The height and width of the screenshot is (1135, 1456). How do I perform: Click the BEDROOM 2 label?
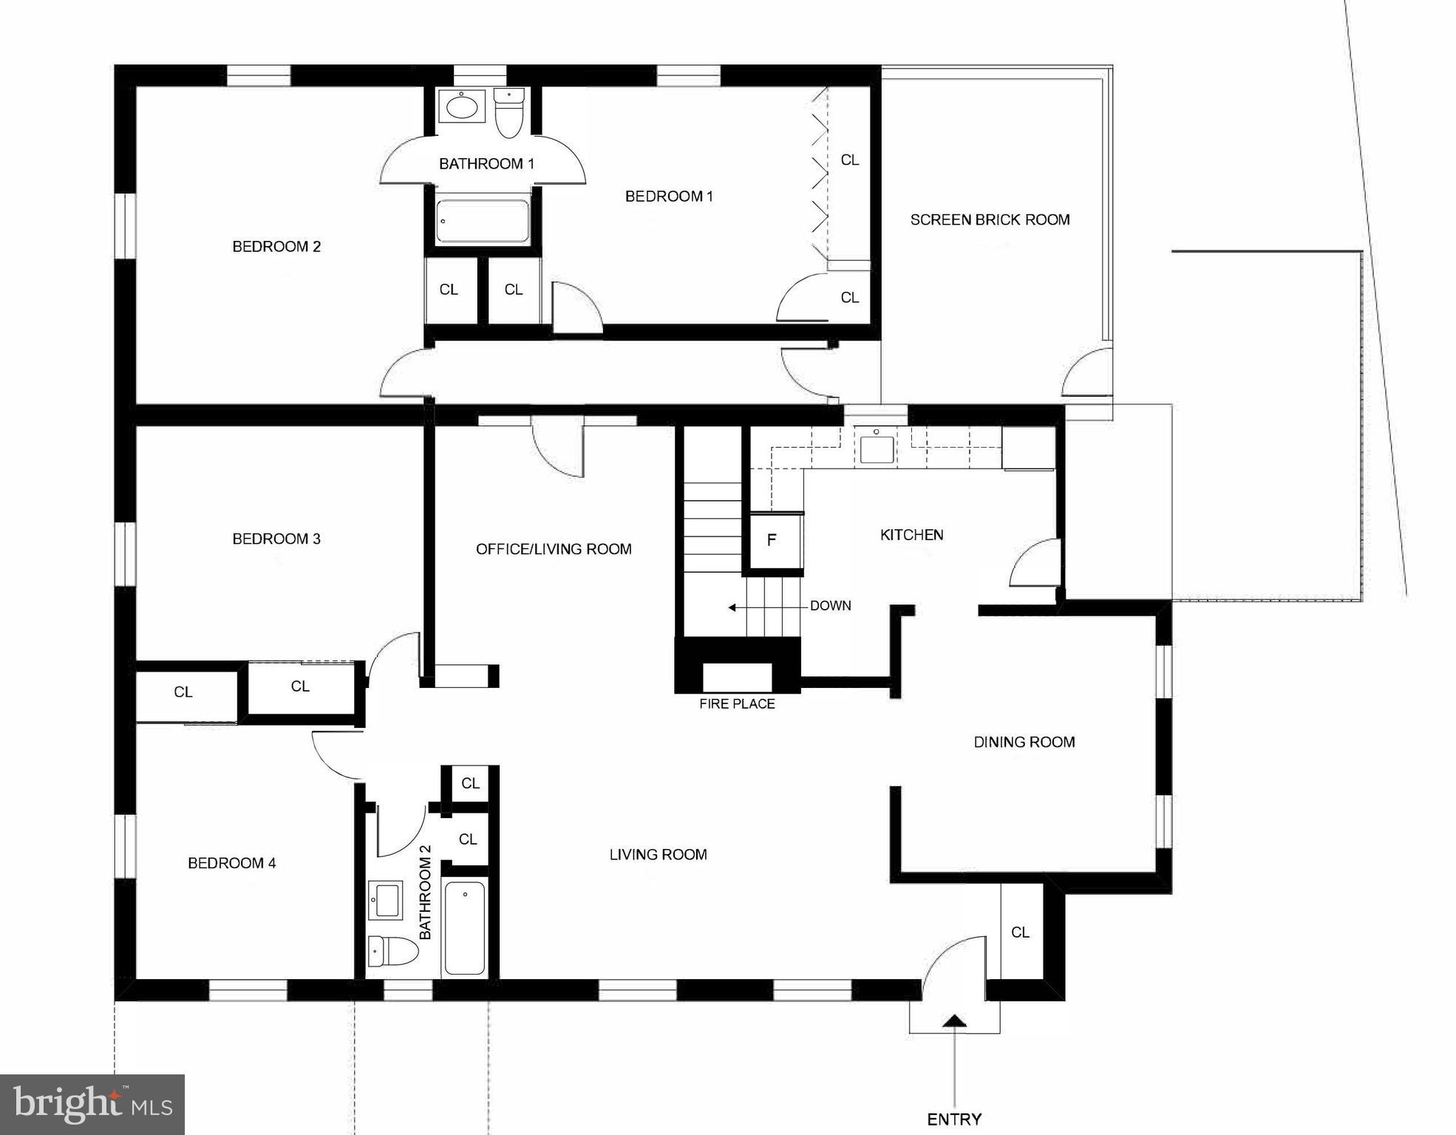[276, 247]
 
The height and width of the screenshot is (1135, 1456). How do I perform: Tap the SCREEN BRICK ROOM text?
[990, 219]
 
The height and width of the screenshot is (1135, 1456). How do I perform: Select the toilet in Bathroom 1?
[508, 113]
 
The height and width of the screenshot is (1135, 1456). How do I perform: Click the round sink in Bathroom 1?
[462, 108]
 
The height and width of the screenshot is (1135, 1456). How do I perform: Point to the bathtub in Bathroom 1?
[482, 221]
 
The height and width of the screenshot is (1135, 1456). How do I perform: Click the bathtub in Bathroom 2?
[465, 927]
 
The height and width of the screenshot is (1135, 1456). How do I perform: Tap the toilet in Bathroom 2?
[392, 951]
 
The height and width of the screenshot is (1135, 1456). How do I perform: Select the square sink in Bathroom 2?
[385, 900]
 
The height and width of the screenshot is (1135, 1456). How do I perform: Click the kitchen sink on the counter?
[877, 448]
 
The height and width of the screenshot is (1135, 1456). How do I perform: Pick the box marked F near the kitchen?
[772, 540]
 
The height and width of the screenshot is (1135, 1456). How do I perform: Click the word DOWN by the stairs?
[830, 606]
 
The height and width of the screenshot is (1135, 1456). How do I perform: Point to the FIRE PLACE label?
[737, 704]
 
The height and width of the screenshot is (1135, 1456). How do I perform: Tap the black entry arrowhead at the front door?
[955, 1021]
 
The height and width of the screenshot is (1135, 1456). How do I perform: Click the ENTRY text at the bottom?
[954, 1119]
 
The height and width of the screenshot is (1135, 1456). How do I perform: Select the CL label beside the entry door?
[1020, 933]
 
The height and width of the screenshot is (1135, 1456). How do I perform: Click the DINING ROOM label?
[1024, 742]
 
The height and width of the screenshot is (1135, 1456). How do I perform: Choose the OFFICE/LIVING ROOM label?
[554, 549]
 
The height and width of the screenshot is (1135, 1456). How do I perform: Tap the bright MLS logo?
[92, 1105]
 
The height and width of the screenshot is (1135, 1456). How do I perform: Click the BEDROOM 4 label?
[231, 863]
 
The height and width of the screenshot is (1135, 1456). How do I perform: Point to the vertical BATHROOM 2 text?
[425, 892]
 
